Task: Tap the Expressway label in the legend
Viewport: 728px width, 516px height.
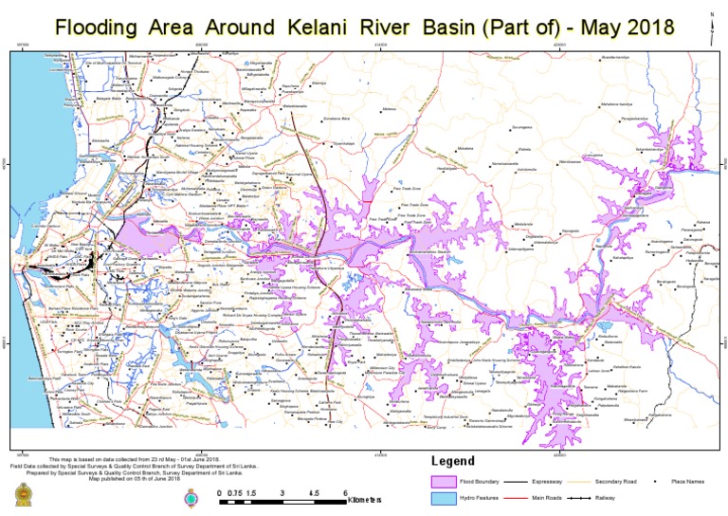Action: (550, 483)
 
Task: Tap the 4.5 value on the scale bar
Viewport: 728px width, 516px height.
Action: (313, 493)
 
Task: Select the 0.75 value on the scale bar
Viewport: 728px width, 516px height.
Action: (236, 493)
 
